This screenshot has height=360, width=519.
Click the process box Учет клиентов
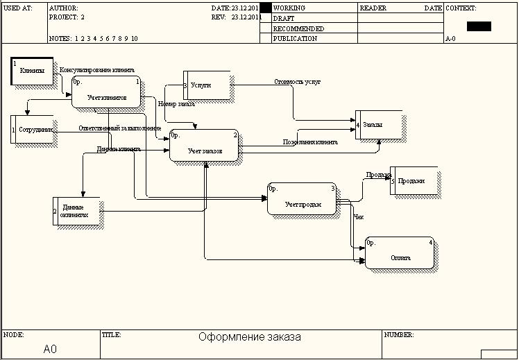[x=106, y=92]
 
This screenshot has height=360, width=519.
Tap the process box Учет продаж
[x=302, y=199]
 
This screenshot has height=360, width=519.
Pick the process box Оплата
[x=400, y=254]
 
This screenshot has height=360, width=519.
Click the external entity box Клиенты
[x=32, y=71]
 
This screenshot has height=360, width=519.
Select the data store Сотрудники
[x=34, y=130]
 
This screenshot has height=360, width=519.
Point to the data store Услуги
[x=206, y=85]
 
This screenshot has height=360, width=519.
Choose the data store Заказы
[x=377, y=125]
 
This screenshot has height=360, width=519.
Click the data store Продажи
[x=414, y=180]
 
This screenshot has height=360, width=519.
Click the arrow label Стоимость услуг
[x=297, y=82]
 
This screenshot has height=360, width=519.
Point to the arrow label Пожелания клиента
[x=310, y=142]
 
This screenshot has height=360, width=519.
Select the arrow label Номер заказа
[x=176, y=104]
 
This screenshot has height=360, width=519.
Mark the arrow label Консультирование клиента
[x=97, y=70]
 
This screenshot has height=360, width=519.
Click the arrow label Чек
[x=359, y=217]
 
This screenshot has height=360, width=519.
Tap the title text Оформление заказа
[x=250, y=338]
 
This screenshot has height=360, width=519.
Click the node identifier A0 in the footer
[x=50, y=348]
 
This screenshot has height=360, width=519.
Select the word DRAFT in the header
[x=283, y=19]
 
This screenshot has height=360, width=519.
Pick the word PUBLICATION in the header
[x=295, y=39]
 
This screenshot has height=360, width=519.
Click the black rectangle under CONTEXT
[x=479, y=26]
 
